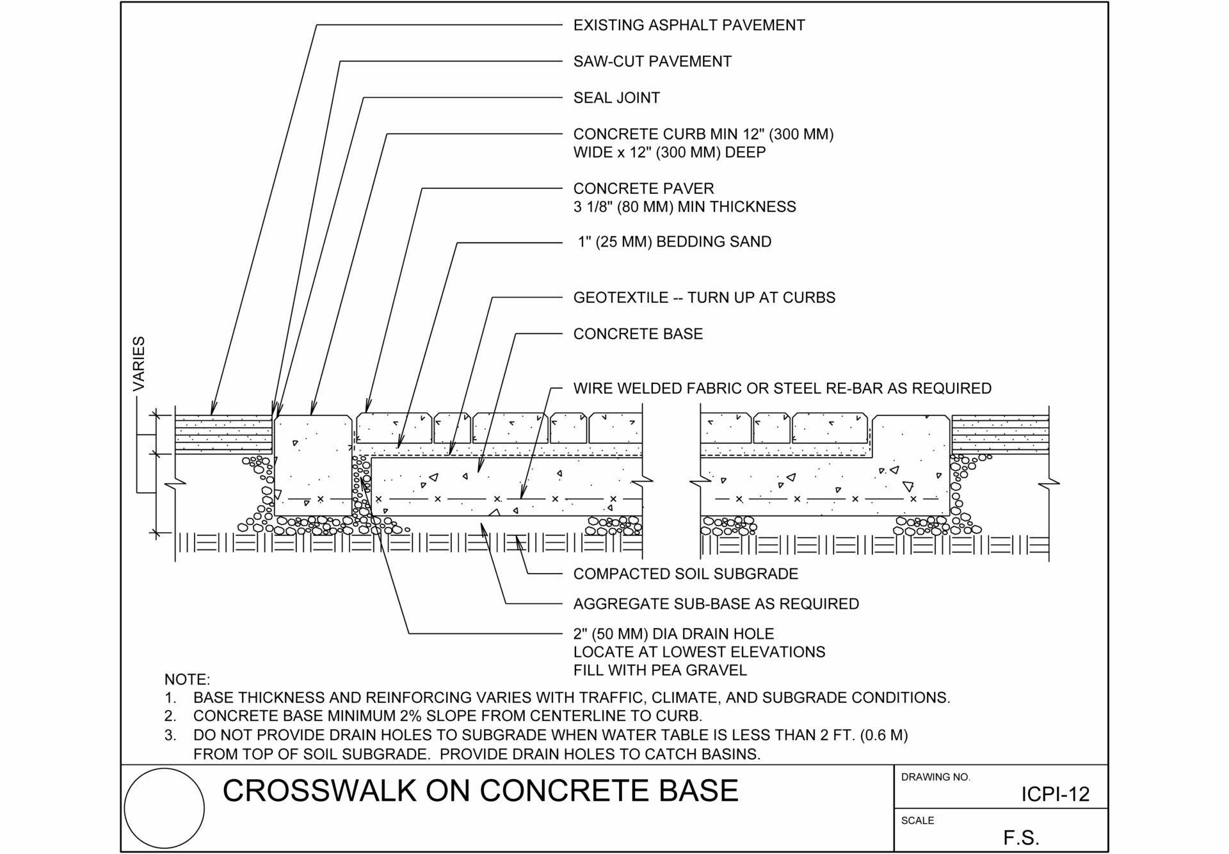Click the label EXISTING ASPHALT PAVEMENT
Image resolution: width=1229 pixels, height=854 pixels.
coord(689,25)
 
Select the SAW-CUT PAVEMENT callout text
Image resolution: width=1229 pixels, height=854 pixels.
coord(652,61)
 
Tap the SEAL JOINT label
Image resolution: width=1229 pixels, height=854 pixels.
coord(616,98)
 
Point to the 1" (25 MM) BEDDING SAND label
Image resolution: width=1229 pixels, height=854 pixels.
coord(675,242)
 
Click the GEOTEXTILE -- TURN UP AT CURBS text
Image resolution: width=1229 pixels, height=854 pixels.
coord(704,298)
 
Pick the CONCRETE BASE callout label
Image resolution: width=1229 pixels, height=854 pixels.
coord(638,334)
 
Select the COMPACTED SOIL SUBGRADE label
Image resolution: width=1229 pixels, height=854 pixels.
coord(686,574)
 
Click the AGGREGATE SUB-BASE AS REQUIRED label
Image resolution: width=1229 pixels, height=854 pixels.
coord(716,604)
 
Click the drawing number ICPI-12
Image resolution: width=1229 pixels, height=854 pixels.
coord(1055,794)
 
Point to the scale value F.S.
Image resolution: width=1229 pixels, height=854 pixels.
coord(1021,837)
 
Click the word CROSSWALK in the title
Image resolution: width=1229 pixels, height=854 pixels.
coord(319,791)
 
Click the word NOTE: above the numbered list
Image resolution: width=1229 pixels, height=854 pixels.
coord(187,680)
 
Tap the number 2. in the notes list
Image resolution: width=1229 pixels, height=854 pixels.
coord(170,716)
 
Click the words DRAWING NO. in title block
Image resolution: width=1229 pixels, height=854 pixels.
coord(936,777)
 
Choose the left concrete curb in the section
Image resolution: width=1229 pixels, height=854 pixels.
coord(313,465)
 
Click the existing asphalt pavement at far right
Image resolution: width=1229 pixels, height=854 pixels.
coord(1000,434)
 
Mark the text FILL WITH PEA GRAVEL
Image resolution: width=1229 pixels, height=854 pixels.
coord(660,671)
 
